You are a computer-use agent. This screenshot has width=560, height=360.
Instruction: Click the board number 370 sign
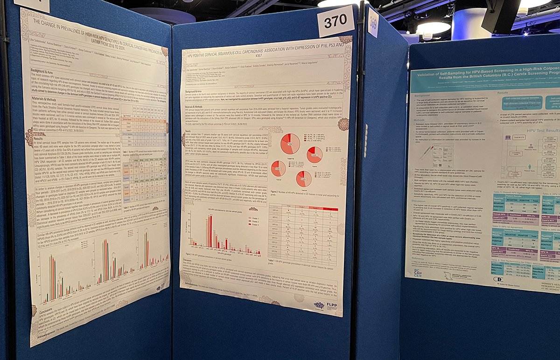336,21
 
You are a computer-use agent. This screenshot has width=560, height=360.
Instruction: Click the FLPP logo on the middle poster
326,305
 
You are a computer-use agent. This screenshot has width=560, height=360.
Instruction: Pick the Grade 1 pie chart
314,155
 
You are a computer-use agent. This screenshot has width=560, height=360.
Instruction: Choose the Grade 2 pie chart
278,168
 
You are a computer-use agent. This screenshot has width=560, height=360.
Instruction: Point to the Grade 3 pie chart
304,179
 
